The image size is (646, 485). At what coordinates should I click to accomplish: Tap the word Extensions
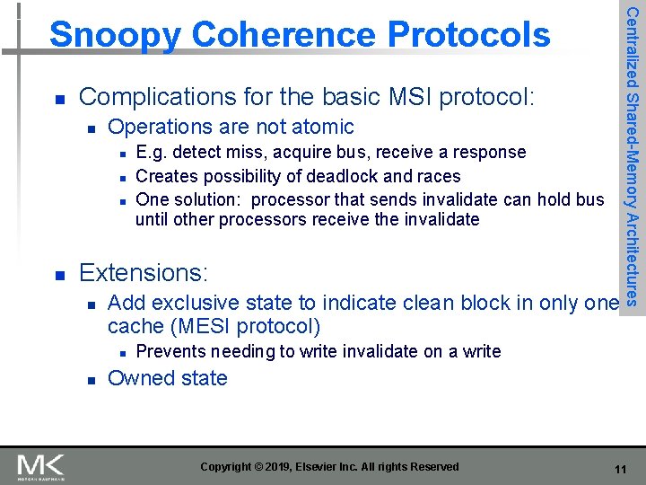pos(142,272)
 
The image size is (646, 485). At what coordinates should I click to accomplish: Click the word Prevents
pos(170,351)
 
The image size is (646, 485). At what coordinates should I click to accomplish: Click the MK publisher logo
pos(40,465)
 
